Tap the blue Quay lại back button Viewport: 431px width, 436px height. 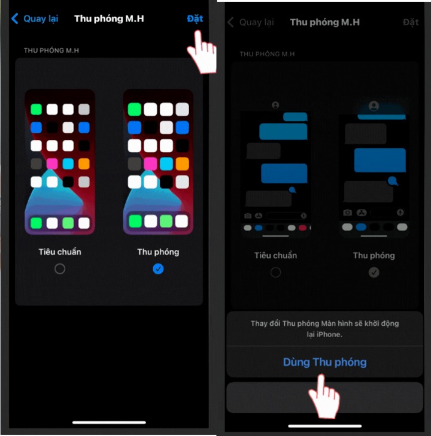[x=35, y=19]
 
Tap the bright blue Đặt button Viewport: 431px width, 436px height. [x=195, y=19]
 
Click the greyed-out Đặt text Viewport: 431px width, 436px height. [x=411, y=22]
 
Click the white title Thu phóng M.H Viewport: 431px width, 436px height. [x=109, y=19]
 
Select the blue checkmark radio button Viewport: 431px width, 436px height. [x=158, y=269]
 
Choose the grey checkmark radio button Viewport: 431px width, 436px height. [x=374, y=272]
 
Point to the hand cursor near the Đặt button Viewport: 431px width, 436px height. [x=202, y=52]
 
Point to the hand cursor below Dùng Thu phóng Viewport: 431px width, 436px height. [x=324, y=396]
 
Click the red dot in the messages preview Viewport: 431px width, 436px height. [x=302, y=228]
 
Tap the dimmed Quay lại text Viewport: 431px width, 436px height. [x=256, y=22]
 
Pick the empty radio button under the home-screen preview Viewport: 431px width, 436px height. [x=60, y=269]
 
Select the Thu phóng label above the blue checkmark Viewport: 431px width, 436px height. [x=158, y=252]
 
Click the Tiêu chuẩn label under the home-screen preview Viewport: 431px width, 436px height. [x=60, y=252]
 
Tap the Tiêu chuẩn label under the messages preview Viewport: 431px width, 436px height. [x=276, y=256]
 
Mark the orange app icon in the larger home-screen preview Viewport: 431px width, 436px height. [x=183, y=163]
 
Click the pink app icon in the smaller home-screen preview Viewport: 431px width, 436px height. [x=52, y=163]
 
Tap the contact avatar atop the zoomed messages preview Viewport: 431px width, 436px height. [x=374, y=106]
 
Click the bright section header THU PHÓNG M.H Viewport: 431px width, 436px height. [x=51, y=50]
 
